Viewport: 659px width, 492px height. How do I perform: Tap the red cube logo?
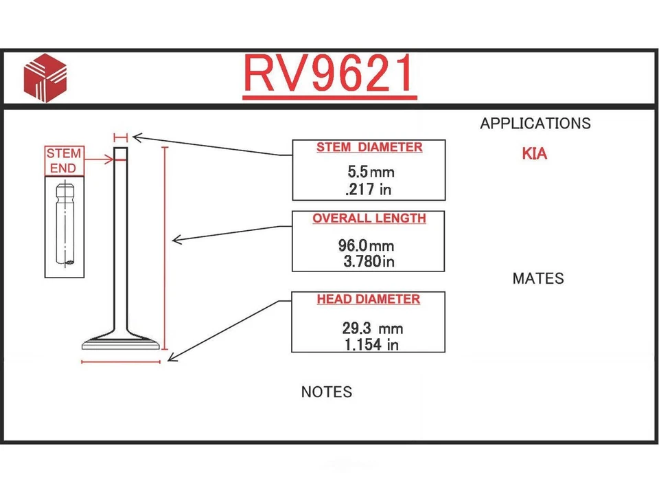(x=45, y=78)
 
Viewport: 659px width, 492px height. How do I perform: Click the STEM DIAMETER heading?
(x=369, y=147)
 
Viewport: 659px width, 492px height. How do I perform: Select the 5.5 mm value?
(x=371, y=172)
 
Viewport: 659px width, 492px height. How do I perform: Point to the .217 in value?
(x=368, y=190)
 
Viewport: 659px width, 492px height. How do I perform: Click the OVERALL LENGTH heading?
(x=369, y=219)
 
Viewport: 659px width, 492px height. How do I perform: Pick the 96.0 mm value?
(x=366, y=245)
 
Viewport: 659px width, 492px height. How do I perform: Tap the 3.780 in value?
(x=369, y=261)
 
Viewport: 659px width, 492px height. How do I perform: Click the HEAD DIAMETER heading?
(x=369, y=299)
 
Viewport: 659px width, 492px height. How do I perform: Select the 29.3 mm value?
(x=372, y=328)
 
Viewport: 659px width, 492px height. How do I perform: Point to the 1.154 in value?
(x=371, y=345)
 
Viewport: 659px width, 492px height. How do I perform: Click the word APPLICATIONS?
(x=535, y=123)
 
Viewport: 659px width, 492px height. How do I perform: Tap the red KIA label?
(x=535, y=154)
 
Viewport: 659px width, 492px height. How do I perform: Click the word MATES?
(x=538, y=278)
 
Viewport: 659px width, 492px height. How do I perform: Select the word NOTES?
(x=327, y=392)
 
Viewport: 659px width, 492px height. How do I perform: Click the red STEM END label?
(x=64, y=161)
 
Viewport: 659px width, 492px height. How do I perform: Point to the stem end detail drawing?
(x=65, y=227)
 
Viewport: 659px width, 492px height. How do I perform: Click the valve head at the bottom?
(x=121, y=342)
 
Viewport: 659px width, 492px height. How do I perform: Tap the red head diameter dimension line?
(x=121, y=361)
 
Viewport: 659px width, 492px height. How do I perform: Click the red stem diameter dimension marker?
(x=121, y=137)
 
